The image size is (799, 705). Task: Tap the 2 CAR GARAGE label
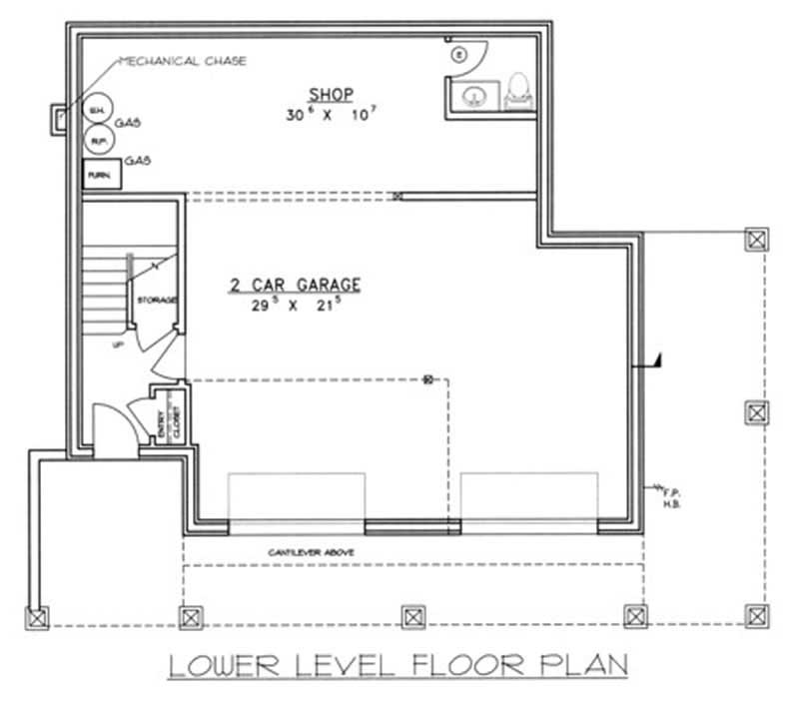click(x=294, y=286)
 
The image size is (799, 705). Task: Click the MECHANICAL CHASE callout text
click(x=182, y=61)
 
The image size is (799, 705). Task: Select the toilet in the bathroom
click(x=518, y=90)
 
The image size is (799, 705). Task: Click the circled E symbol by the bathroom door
click(x=458, y=54)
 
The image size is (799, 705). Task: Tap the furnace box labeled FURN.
click(x=99, y=174)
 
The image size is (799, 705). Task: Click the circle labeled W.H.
click(x=98, y=109)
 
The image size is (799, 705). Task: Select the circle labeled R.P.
click(x=98, y=141)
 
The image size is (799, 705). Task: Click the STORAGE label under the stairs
click(x=157, y=300)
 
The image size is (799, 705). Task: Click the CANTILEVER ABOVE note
click(x=310, y=551)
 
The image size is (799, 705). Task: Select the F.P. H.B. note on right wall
click(x=671, y=496)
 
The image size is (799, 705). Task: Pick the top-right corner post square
click(x=758, y=238)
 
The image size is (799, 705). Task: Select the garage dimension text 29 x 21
click(x=292, y=306)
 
